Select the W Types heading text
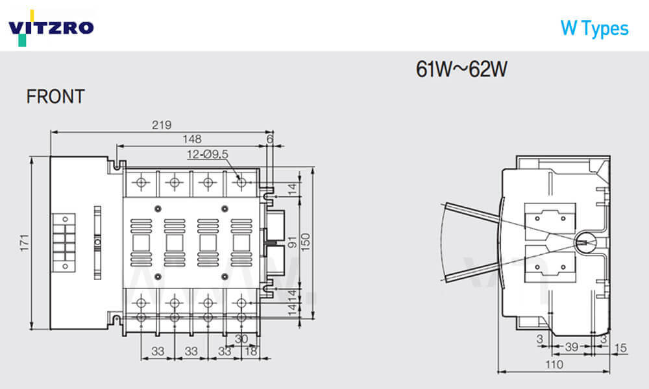[594, 29]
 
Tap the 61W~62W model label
[461, 69]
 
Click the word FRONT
[55, 97]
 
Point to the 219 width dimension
[162, 125]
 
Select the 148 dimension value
[192, 139]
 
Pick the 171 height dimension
[25, 242]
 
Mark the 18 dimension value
[249, 351]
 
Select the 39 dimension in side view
[571, 348]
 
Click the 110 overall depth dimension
[553, 366]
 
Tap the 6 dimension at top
[270, 139]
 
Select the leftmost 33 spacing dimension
[157, 351]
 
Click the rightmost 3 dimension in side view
[603, 338]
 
